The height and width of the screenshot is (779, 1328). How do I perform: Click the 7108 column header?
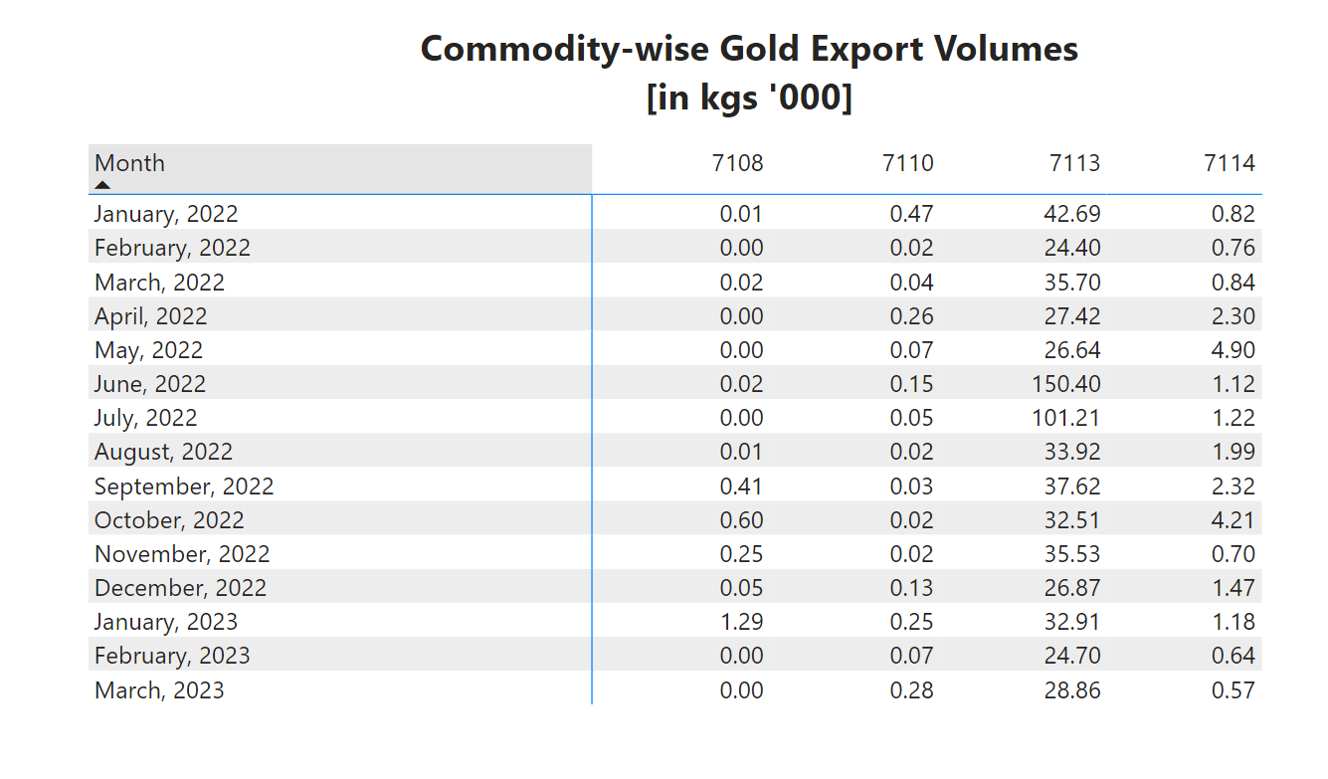738,163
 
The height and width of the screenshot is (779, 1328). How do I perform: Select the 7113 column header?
1075,163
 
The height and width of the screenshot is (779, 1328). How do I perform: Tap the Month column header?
130,163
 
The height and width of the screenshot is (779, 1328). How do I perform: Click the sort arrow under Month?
102,185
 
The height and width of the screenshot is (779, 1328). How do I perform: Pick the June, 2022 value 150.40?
1066,384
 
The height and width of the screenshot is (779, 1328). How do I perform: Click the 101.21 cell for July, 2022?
1066,418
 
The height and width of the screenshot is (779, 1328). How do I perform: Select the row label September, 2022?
184,487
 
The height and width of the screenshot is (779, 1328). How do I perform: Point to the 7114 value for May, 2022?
1233,350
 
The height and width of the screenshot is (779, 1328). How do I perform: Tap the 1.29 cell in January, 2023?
741,622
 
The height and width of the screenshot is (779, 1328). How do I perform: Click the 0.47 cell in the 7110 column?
911,214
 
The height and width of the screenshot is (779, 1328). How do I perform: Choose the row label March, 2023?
159,690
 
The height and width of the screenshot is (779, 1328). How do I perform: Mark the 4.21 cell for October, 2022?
1233,520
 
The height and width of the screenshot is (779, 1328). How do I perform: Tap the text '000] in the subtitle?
804,98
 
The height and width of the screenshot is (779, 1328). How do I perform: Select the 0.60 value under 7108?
741,520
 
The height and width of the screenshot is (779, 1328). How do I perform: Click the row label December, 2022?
180,588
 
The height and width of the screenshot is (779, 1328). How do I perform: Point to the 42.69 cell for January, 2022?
1072,214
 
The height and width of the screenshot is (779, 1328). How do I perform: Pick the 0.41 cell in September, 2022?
741,487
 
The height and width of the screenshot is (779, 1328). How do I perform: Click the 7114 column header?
1230,163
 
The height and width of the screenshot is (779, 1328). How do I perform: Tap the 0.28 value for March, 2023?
911,690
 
